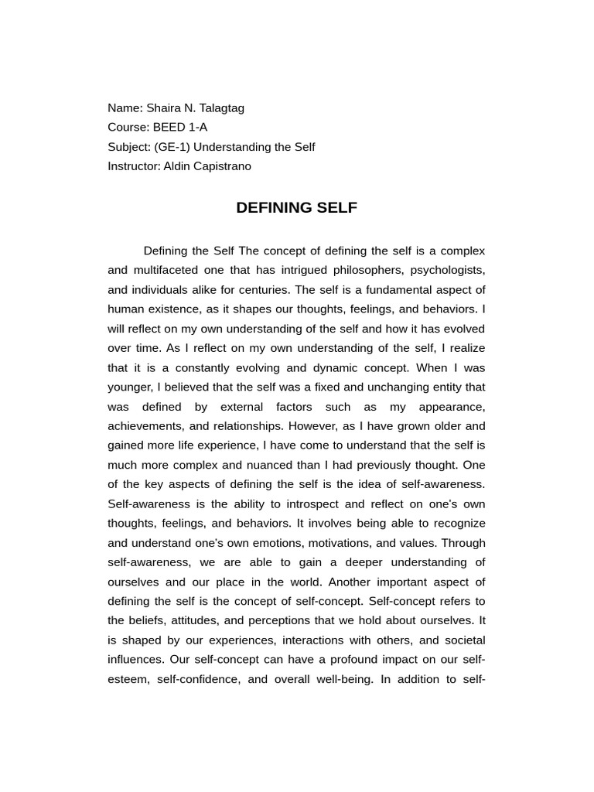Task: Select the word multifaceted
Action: [x=169, y=270]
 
